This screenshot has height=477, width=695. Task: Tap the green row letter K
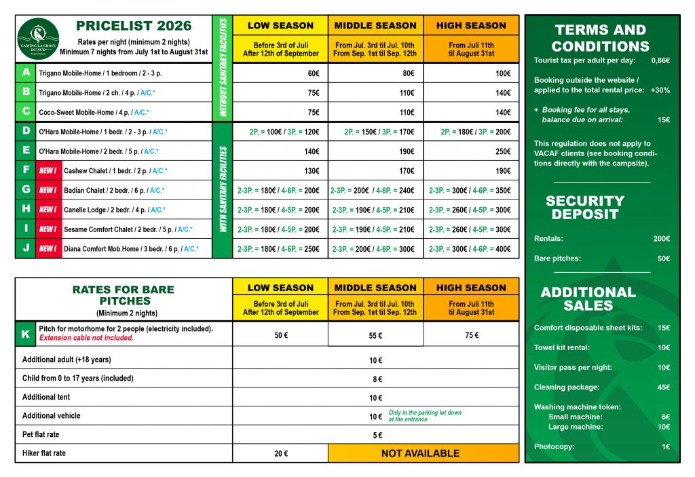26,334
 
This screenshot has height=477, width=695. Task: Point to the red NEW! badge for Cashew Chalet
48,171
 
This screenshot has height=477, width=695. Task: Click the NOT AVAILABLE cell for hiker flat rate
420,453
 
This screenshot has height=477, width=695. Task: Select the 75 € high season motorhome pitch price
472,335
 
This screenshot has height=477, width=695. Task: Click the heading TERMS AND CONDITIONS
600,38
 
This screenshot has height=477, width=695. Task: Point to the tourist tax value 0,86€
660,60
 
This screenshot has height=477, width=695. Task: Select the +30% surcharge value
660,90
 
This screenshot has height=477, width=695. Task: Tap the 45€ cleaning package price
662,387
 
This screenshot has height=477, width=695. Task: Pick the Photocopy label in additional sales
554,446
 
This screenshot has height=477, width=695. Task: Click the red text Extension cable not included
86,338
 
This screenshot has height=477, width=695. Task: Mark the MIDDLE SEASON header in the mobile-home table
375,26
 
